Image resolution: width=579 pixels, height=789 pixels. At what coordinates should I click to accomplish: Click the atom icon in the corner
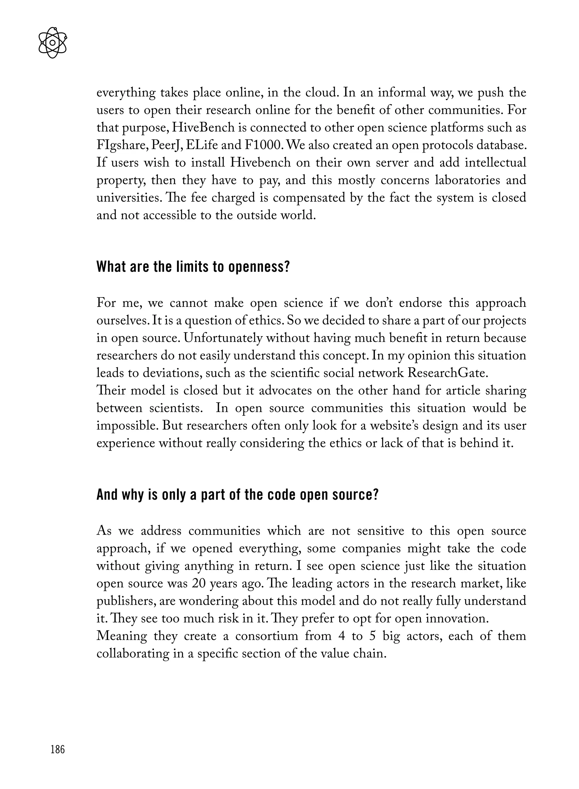(53, 43)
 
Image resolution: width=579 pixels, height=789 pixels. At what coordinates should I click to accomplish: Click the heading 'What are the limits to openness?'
(193, 267)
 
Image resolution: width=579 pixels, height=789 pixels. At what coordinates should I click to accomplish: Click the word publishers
(126, 601)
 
